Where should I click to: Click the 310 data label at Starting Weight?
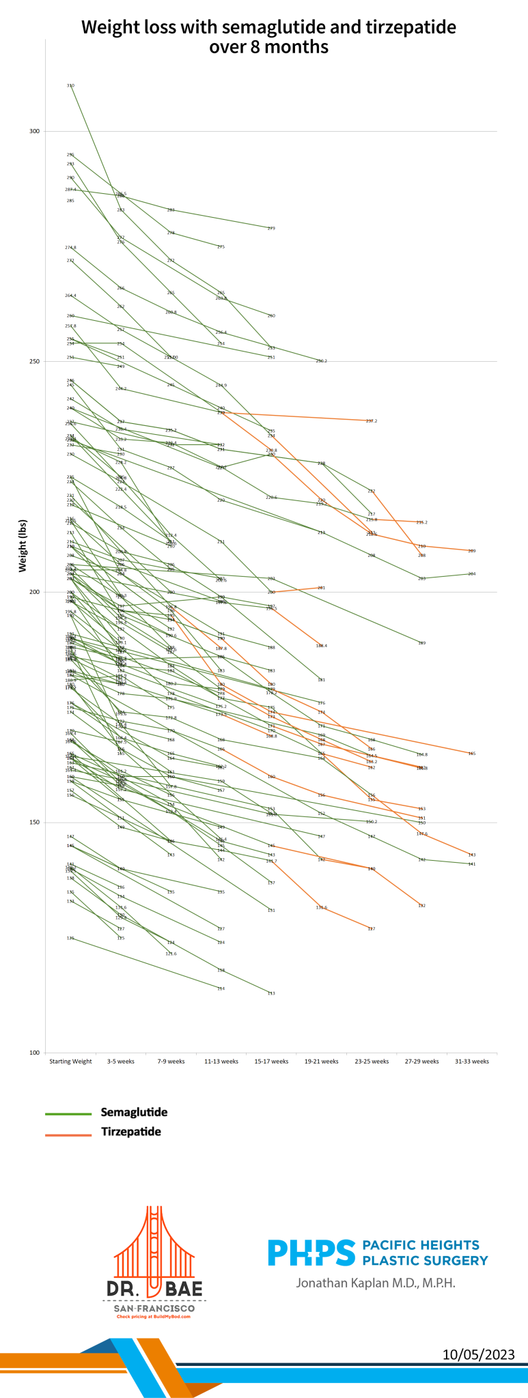[x=70, y=85]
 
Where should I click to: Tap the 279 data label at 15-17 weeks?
[x=271, y=229]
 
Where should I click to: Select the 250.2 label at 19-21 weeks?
[x=321, y=361]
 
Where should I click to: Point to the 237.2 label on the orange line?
[x=372, y=421]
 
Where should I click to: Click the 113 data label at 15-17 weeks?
[x=271, y=993]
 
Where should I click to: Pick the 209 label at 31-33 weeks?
[x=472, y=551]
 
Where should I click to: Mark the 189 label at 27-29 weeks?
[x=421, y=643]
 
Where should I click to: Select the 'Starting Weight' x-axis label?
[x=70, y=1061]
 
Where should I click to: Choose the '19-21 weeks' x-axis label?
[x=321, y=1061]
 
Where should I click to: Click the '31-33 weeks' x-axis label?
[x=472, y=1061]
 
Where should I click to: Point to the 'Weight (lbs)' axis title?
[x=22, y=545]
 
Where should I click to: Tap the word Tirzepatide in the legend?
[x=131, y=1132]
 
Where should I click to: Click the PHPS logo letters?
[x=311, y=1253]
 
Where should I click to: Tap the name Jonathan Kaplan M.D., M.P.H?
[x=375, y=1283]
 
